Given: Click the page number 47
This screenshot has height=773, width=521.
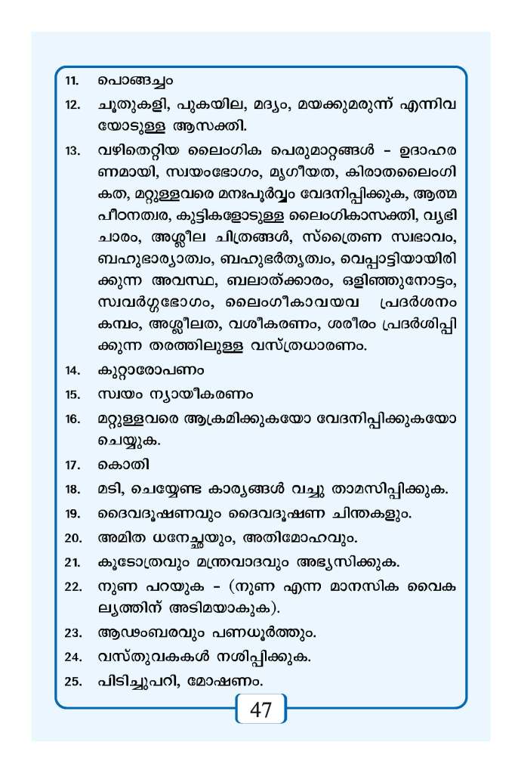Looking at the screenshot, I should click(x=260, y=711).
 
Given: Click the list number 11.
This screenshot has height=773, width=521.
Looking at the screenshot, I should click(x=72, y=79).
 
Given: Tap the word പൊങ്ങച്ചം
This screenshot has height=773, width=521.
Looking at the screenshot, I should click(x=136, y=79).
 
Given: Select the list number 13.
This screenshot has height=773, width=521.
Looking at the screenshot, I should click(x=72, y=150).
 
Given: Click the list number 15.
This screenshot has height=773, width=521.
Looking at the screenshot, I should click(x=72, y=394).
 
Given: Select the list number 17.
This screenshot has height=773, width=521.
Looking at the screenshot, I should click(x=72, y=465).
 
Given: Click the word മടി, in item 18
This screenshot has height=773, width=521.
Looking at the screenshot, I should click(x=113, y=490).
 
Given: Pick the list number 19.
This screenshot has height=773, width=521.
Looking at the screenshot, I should click(x=72, y=515).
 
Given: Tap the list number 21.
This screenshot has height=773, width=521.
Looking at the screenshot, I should click(x=72, y=562).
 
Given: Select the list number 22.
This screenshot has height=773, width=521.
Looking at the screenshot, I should click(x=72, y=587).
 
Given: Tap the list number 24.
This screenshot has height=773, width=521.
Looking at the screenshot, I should click(x=72, y=657).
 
